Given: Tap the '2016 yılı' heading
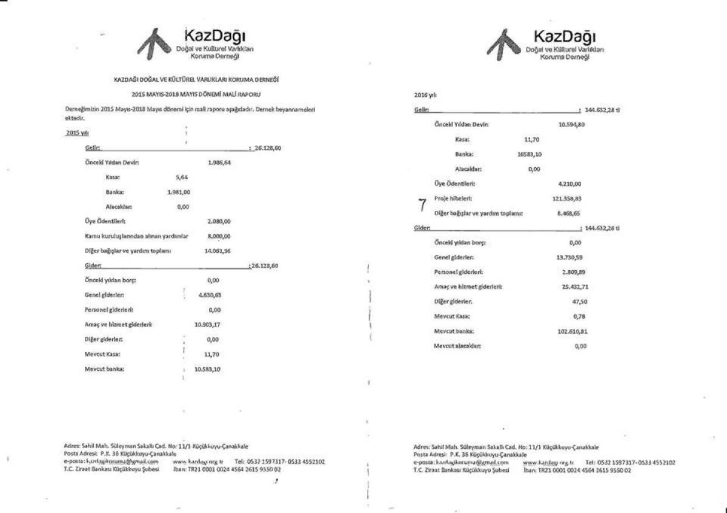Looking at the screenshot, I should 423,95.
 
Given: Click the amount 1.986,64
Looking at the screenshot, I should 219,163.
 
